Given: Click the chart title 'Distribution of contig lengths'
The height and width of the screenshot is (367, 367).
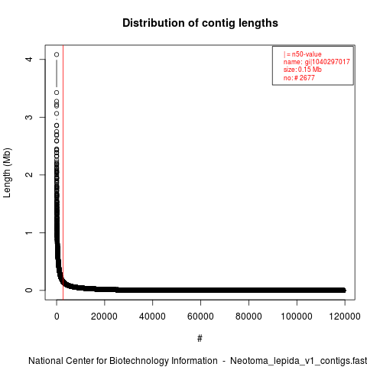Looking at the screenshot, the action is pos(200,23).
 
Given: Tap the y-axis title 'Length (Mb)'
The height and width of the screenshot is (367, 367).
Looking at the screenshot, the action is pos(7,173).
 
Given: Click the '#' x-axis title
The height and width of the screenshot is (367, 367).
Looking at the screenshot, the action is pos(200,339).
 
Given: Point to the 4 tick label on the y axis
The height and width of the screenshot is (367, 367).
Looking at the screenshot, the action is pos(30,59).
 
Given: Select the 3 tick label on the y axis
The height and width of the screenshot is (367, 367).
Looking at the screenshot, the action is pos(30,117).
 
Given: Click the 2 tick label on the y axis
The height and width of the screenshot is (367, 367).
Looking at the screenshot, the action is pos(30,174).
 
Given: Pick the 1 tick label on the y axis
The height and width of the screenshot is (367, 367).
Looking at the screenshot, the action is pos(30,232).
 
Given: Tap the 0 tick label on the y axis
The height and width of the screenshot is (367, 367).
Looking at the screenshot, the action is pos(30,290).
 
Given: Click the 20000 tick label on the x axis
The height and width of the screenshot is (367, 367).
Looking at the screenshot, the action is pos(104,317).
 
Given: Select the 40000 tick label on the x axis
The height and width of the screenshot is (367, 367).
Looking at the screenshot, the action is pos(152,317).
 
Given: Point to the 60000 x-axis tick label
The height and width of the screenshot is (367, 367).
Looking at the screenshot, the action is pos(200,317).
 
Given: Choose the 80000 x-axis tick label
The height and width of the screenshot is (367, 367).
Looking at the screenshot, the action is pos(248,317).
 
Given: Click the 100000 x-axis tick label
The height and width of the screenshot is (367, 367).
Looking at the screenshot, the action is pos(297,317).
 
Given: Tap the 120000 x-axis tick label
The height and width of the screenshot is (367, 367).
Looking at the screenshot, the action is pos(345,317).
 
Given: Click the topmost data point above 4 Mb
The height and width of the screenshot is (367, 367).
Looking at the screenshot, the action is pos(57,54).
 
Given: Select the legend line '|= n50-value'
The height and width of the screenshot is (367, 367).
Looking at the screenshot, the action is pos(303,54).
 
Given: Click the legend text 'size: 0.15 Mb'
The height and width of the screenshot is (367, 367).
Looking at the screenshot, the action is pos(303,70).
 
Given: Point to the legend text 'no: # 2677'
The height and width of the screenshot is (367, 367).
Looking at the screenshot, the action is pos(299,78).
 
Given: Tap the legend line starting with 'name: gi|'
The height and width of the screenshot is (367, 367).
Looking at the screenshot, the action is pos(317,62).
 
